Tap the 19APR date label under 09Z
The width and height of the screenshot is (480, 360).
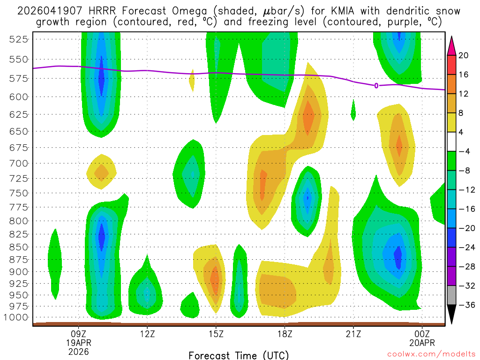78,343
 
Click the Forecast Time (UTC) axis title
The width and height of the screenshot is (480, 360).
239,355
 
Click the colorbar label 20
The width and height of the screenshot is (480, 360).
464,56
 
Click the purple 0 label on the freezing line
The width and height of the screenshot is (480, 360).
376,85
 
